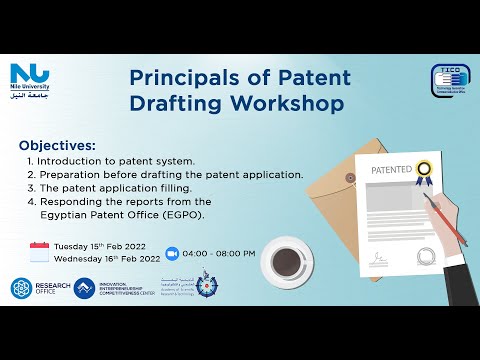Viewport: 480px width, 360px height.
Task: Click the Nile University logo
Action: click(x=30, y=76)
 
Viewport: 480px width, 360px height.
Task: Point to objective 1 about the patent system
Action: click(x=110, y=160)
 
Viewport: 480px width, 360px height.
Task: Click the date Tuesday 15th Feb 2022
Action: click(x=106, y=244)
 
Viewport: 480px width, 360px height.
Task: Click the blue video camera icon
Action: click(x=171, y=252)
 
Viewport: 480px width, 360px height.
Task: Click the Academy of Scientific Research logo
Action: click(x=205, y=287)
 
